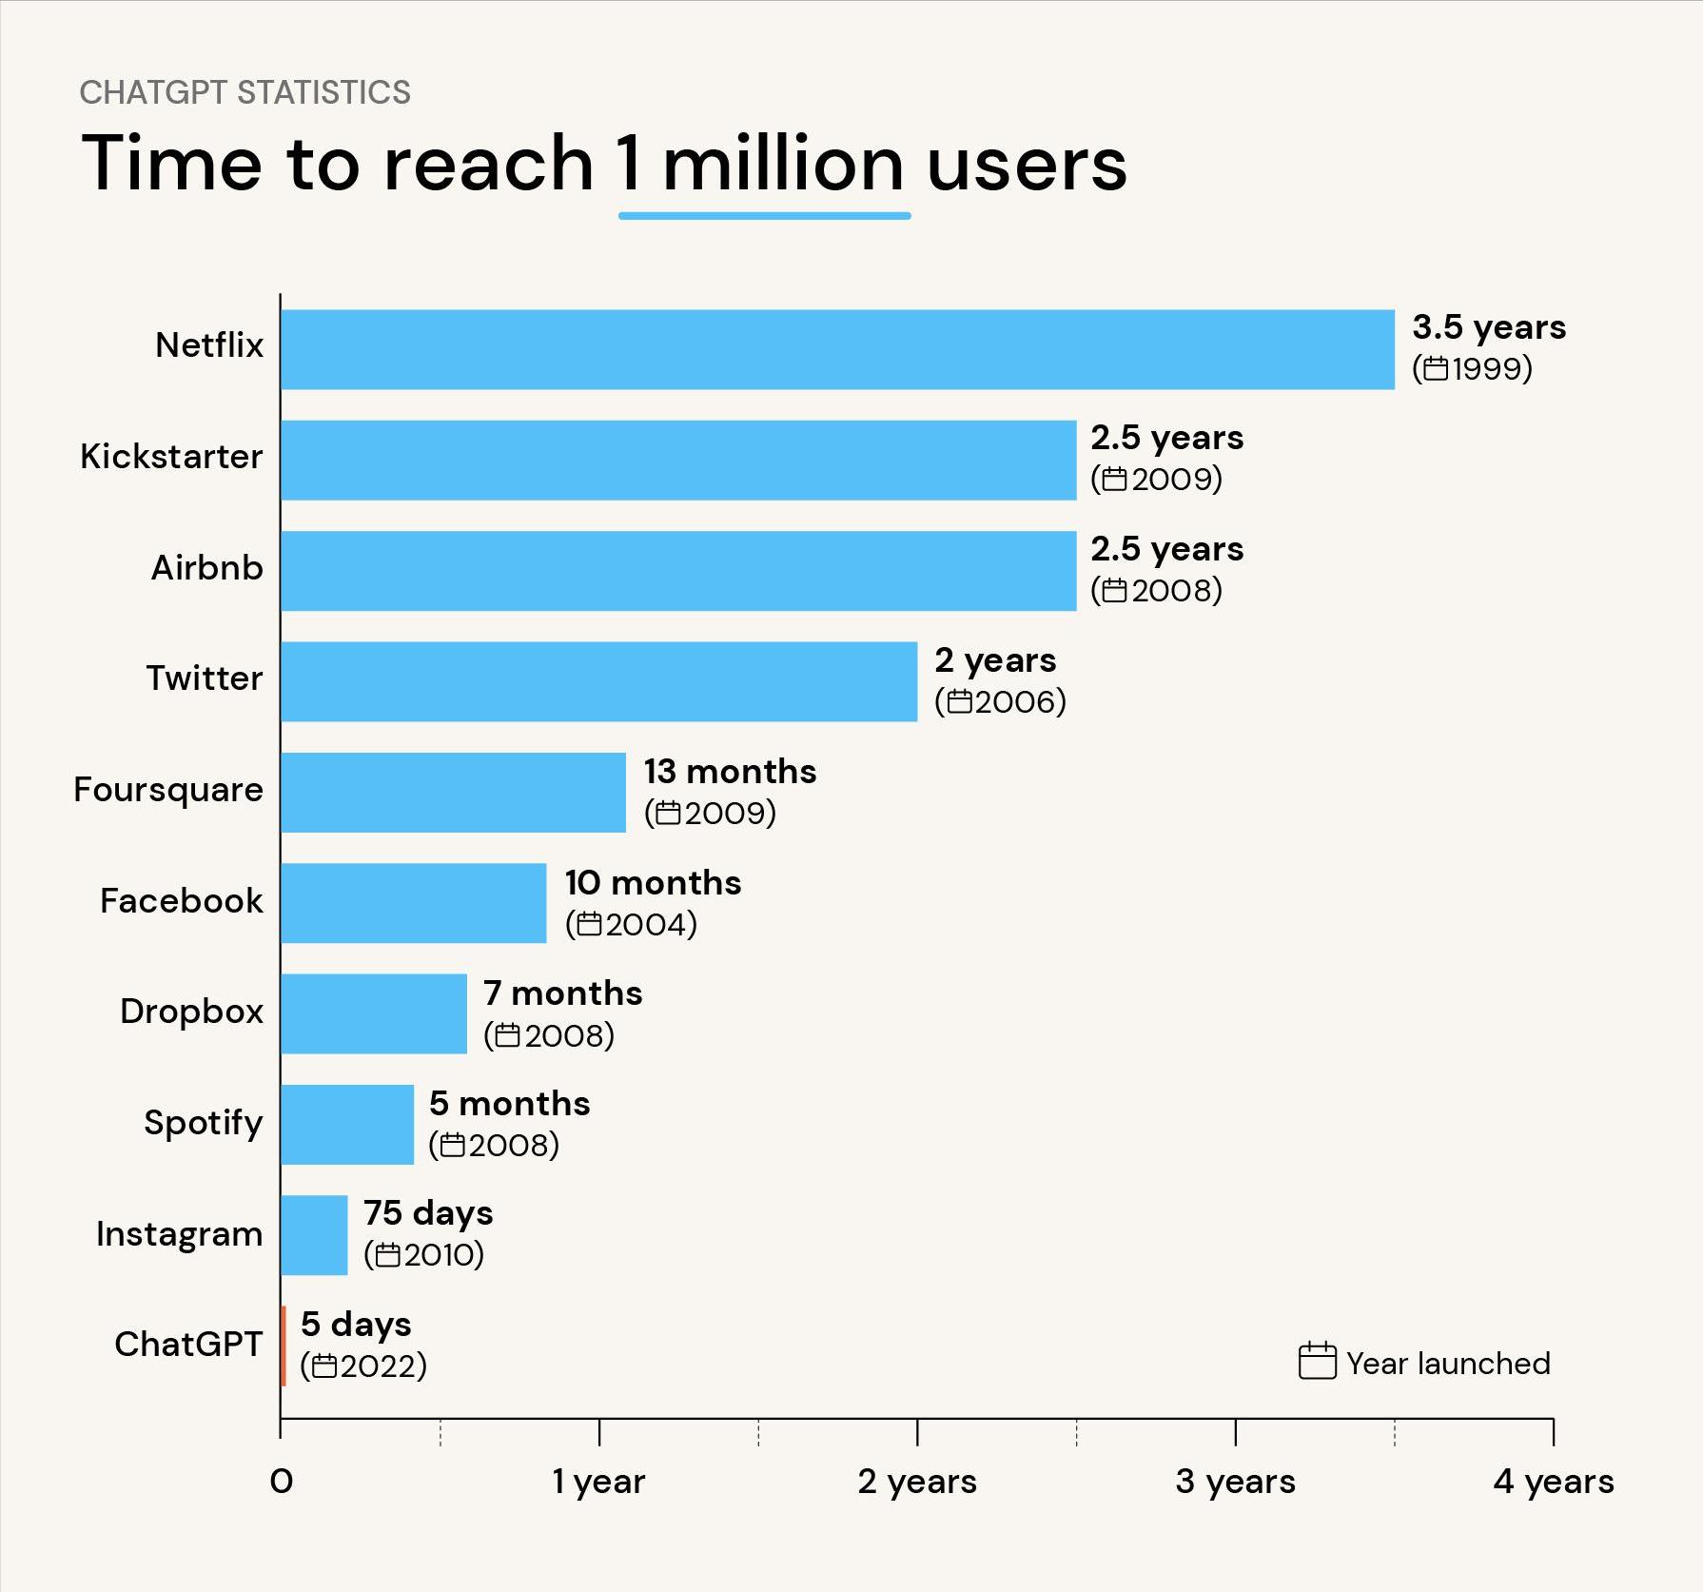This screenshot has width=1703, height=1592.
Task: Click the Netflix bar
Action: tap(837, 349)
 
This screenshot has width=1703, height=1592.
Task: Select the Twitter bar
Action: tap(599, 681)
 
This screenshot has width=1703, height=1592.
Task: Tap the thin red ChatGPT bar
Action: tap(284, 1346)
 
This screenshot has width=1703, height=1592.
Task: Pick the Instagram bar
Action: tap(314, 1235)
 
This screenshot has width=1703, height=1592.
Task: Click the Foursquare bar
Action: tap(453, 793)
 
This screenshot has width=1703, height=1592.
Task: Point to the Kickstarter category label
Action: tap(171, 457)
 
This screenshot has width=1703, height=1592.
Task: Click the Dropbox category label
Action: tap(191, 1012)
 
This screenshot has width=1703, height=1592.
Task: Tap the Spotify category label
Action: tap(203, 1123)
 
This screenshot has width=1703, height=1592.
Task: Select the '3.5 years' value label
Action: tap(1488, 327)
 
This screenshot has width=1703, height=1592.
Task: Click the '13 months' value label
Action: tap(730, 772)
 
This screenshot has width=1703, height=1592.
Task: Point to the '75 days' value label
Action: tap(428, 1213)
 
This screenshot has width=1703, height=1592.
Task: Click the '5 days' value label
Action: tap(356, 1325)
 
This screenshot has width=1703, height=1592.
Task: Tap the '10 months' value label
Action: tap(653, 883)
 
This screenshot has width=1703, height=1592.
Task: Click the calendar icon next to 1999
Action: tap(1436, 368)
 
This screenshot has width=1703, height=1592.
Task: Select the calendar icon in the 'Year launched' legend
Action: tap(1317, 1362)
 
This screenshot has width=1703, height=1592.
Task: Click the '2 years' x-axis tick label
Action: tap(917, 1482)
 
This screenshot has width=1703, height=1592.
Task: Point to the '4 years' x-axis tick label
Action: tap(1553, 1482)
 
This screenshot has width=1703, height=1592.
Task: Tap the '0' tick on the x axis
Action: tap(282, 1482)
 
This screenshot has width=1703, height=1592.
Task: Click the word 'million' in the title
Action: tap(782, 164)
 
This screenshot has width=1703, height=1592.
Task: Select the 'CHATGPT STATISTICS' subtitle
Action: tap(245, 92)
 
